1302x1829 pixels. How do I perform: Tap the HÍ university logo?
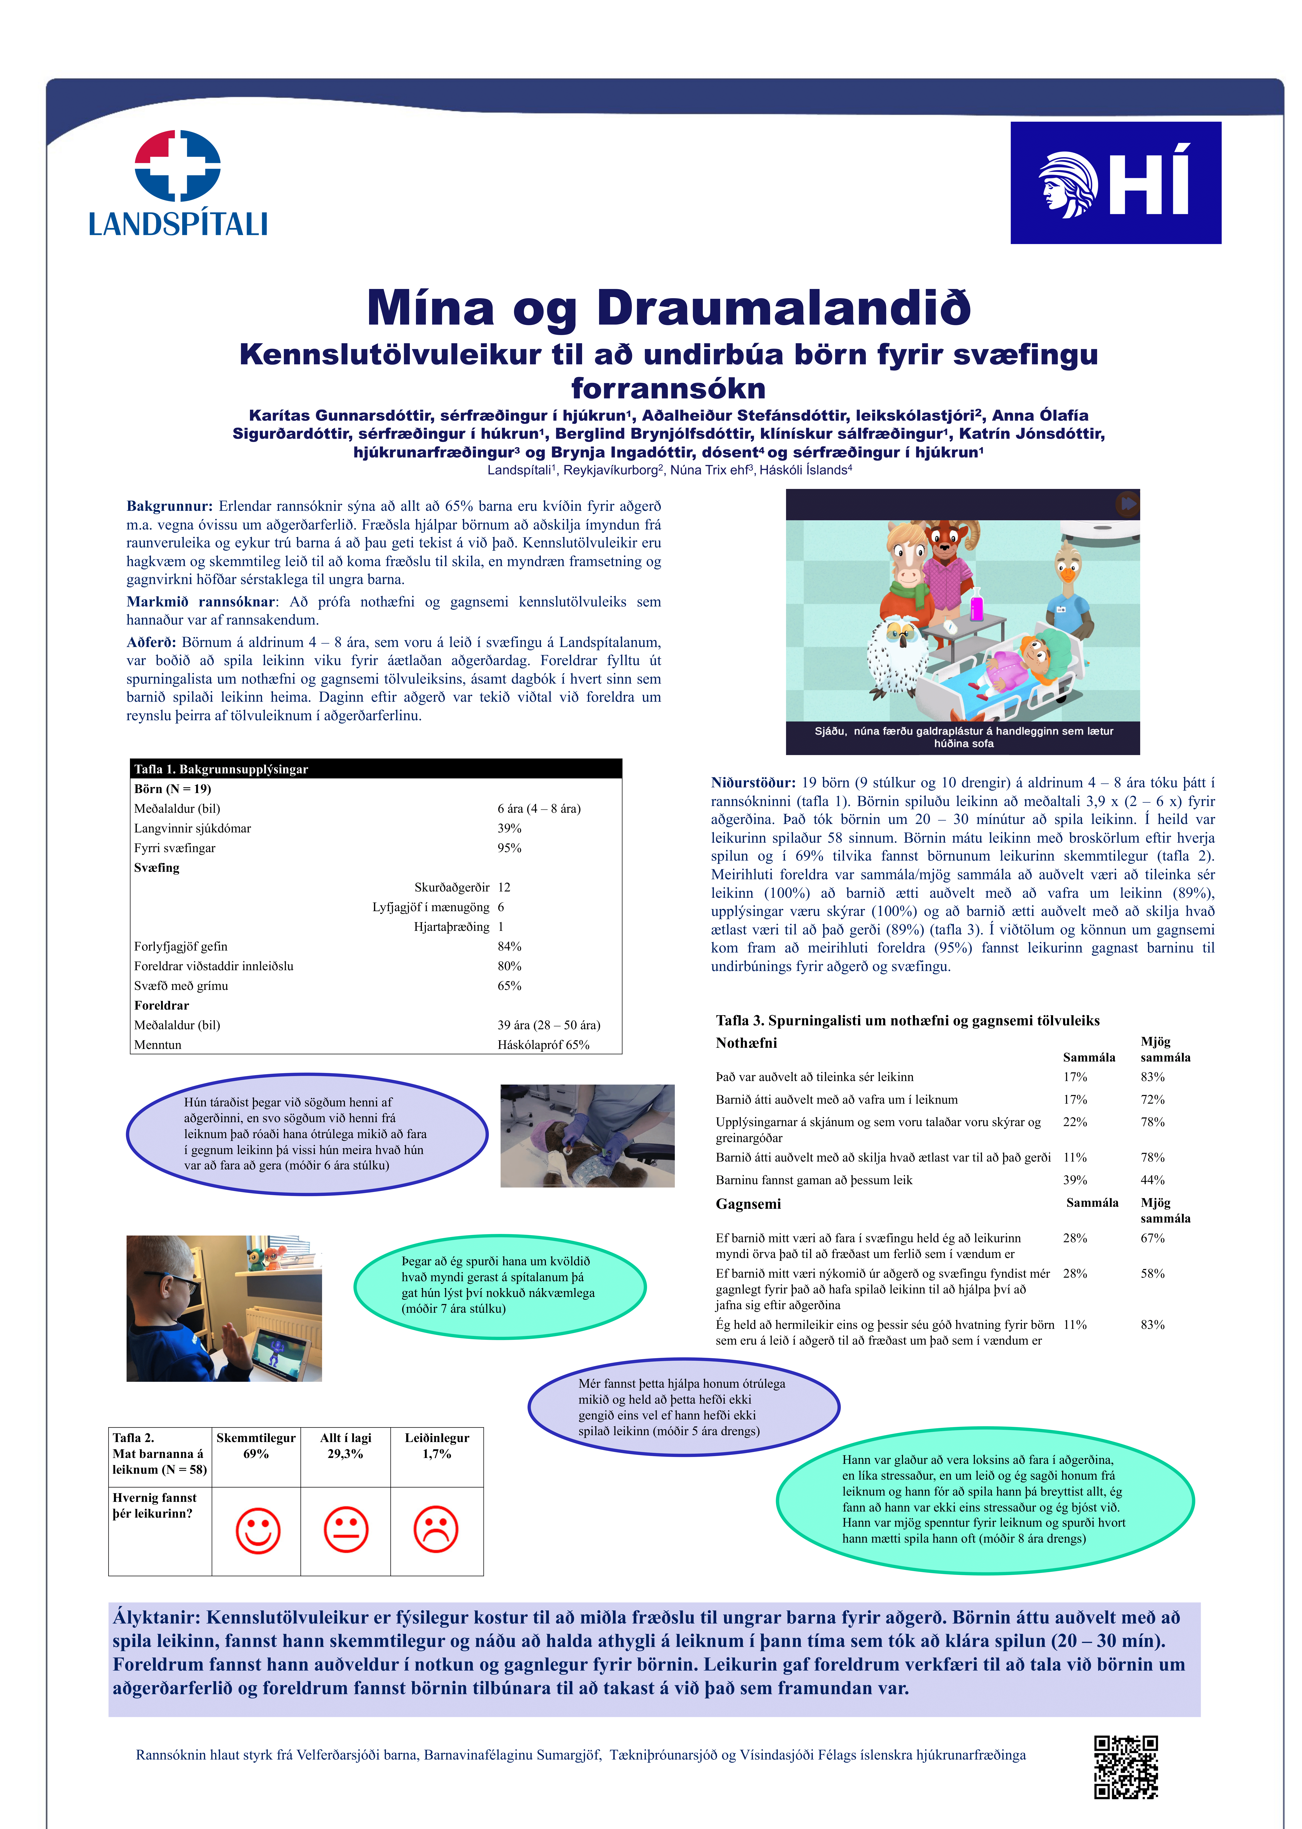point(1115,183)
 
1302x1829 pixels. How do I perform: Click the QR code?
point(1126,1767)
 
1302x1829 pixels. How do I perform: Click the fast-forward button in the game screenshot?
point(1127,503)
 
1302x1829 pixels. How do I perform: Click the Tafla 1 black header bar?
point(376,769)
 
